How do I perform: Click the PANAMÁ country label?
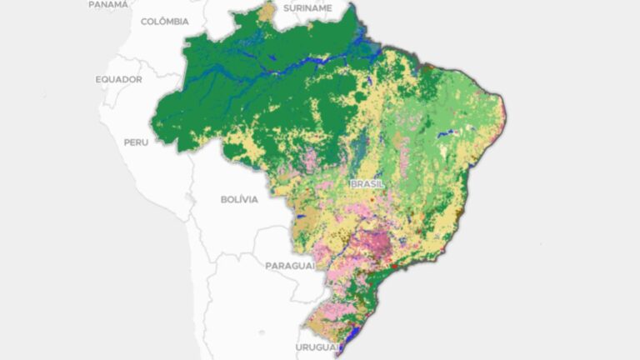(x=109, y=4)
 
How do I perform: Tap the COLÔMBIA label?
(x=164, y=22)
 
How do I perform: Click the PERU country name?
(x=136, y=142)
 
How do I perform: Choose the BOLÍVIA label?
(x=239, y=200)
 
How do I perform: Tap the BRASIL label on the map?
(x=367, y=184)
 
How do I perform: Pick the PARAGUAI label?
(x=290, y=266)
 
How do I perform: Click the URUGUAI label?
(x=317, y=347)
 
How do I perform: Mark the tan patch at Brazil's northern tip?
(x=267, y=12)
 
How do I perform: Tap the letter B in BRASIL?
(x=354, y=184)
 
